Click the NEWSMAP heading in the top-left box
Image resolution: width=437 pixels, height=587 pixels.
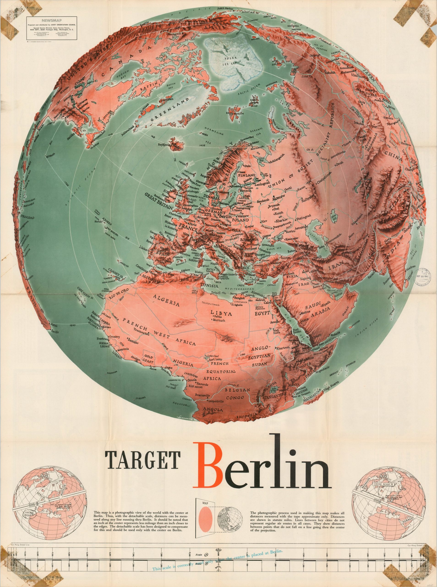click(x=51, y=19)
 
